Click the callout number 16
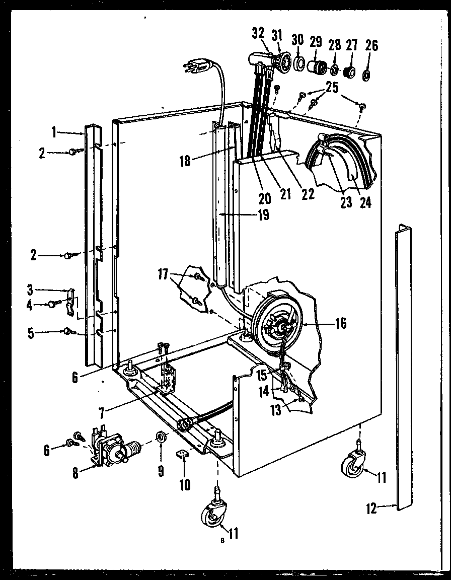pos(340,323)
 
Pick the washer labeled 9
pos(161,435)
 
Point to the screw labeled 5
pos(68,331)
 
